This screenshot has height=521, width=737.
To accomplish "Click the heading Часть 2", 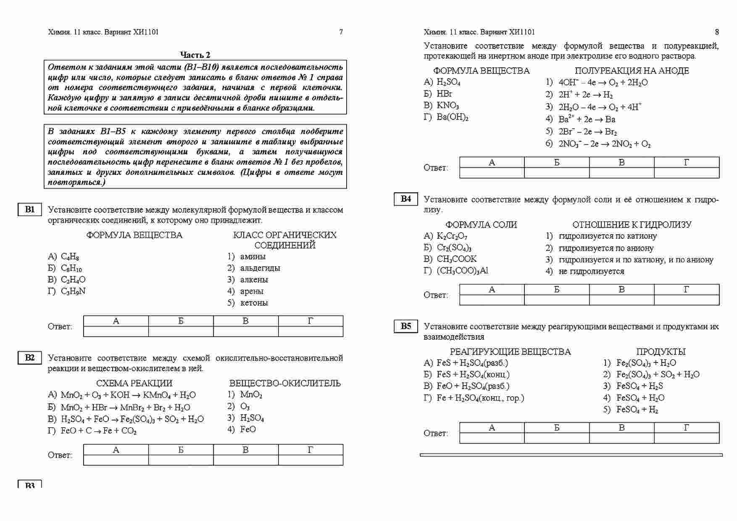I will [195, 55].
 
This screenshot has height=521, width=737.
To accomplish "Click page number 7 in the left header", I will [341, 32].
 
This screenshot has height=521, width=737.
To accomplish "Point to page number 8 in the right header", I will [717, 32].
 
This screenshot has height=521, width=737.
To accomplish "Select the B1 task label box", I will [30, 209].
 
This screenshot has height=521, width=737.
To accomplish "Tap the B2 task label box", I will [30, 358].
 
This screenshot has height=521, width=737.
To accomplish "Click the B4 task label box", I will [406, 199].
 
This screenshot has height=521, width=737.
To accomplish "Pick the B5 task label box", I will [406, 326].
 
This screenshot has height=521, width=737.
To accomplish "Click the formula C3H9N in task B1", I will [73, 291].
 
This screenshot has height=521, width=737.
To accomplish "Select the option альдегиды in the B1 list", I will [260, 268].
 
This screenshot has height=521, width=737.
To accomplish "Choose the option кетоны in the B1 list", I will [254, 303].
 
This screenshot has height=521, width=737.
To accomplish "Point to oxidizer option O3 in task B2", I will [245, 406].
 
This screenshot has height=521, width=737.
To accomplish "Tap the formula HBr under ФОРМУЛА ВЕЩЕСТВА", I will [445, 94].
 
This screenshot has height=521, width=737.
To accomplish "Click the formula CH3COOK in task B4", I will [457, 259].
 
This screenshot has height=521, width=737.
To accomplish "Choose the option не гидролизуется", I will [591, 271].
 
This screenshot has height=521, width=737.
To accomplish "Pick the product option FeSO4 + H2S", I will [640, 386].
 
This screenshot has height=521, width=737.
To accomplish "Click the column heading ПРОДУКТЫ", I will [661, 352].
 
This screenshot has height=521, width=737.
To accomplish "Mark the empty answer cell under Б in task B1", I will [181, 332].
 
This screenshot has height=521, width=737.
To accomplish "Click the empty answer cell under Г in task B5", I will [687, 438].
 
